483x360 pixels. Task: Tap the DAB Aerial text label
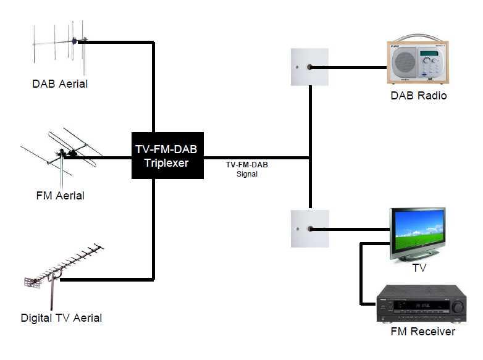[x=60, y=84]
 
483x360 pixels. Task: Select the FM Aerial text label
[x=60, y=196]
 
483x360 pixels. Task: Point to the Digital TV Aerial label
[x=61, y=318]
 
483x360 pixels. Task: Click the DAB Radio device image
[x=418, y=62]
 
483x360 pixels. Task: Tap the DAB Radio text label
[x=418, y=96]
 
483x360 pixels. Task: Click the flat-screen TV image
[x=418, y=234]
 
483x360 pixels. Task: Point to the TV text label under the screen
[x=419, y=268]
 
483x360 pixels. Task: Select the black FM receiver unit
[x=421, y=304]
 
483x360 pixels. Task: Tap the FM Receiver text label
[x=423, y=332]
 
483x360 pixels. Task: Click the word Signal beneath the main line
[x=247, y=175]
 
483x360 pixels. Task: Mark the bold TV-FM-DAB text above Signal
[x=246, y=165]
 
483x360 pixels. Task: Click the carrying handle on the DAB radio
[x=418, y=38]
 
